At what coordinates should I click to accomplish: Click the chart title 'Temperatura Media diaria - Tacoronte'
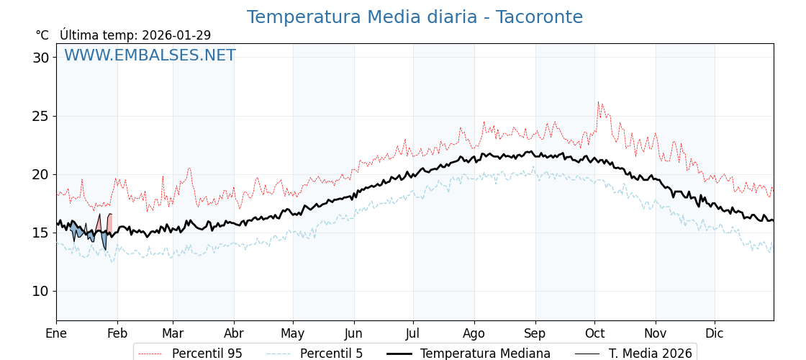[x=415, y=17]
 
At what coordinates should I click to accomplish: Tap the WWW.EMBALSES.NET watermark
[x=150, y=56]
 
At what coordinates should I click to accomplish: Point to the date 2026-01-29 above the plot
[x=176, y=35]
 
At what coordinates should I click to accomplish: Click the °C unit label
[x=42, y=35]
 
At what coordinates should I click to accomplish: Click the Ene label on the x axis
[x=56, y=334]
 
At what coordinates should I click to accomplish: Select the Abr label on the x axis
[x=234, y=334]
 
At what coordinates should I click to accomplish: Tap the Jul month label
[x=413, y=334]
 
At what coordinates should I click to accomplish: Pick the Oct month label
[x=594, y=334]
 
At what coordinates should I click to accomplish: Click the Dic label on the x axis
[x=715, y=334]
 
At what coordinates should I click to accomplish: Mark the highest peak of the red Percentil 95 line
[x=598, y=102]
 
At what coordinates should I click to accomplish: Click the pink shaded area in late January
[x=109, y=222]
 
